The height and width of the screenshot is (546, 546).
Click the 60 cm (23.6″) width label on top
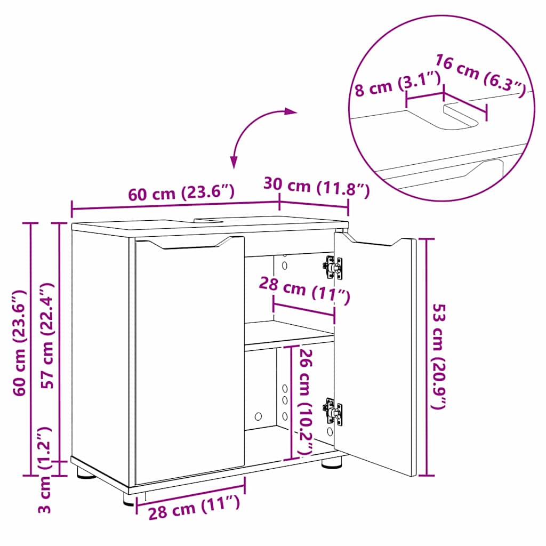[181, 192]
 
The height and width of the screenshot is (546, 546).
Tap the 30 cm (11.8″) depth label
[316, 187]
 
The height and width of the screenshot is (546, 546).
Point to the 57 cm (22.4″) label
[49, 336]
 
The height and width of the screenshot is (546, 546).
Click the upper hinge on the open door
[333, 267]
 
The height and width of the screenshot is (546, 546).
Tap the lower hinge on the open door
[332, 411]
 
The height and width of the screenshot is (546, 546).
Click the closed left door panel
[189, 360]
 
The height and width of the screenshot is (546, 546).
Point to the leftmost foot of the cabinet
[86, 472]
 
